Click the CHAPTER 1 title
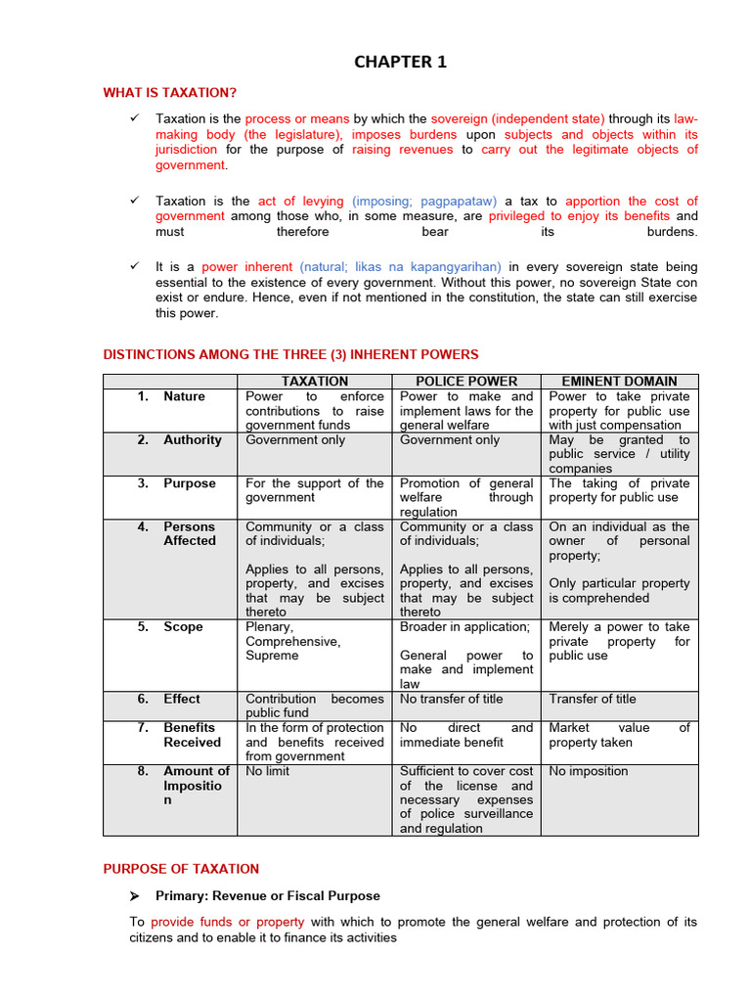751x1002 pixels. [400, 62]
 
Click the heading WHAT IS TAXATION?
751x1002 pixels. [170, 93]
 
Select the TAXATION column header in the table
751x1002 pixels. [315, 381]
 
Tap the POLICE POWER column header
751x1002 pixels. [466, 381]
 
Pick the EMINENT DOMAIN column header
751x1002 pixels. [619, 381]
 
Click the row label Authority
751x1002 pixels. [193, 440]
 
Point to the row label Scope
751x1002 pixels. [183, 627]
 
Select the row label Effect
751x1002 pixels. [182, 700]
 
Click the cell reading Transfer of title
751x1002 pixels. [593, 700]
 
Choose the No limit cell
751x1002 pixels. [268, 771]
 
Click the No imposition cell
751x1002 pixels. [588, 771]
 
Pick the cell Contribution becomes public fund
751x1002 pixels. [314, 706]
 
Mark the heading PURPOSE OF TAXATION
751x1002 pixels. [181, 869]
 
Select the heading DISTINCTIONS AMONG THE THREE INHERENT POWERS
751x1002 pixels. [290, 354]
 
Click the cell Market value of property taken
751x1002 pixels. [619, 735]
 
